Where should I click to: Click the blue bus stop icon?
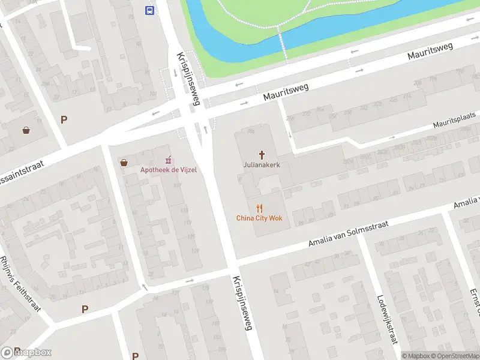149,10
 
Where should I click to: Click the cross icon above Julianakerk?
262,154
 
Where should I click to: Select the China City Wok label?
259,218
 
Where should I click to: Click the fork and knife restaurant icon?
259,208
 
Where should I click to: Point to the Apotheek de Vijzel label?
169,170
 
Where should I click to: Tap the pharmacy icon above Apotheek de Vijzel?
169,160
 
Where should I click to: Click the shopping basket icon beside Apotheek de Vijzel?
124,163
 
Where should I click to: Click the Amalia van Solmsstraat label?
348,233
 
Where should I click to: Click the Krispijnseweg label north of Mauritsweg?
188,79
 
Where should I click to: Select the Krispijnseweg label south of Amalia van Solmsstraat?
244,303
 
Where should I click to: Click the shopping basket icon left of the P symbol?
26,130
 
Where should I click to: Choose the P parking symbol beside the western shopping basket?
64,119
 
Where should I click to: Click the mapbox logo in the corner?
26,352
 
